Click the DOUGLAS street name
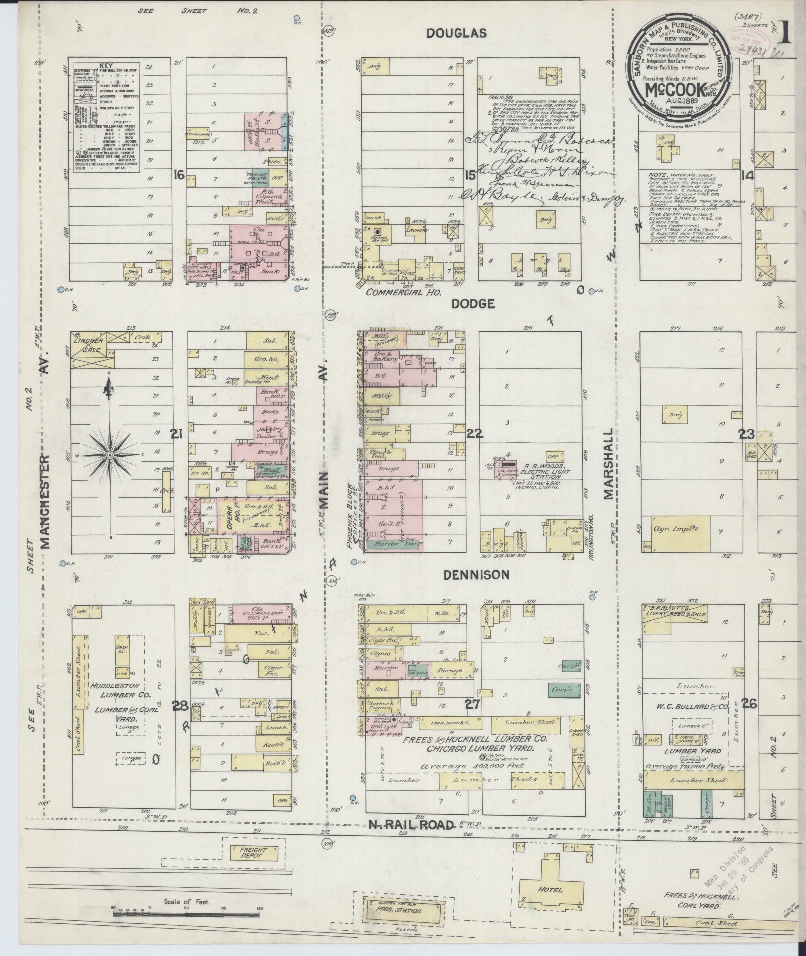click(456, 33)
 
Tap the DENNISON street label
click(476, 575)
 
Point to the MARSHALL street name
click(607, 464)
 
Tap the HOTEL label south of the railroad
click(550, 890)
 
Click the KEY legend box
click(106, 118)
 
